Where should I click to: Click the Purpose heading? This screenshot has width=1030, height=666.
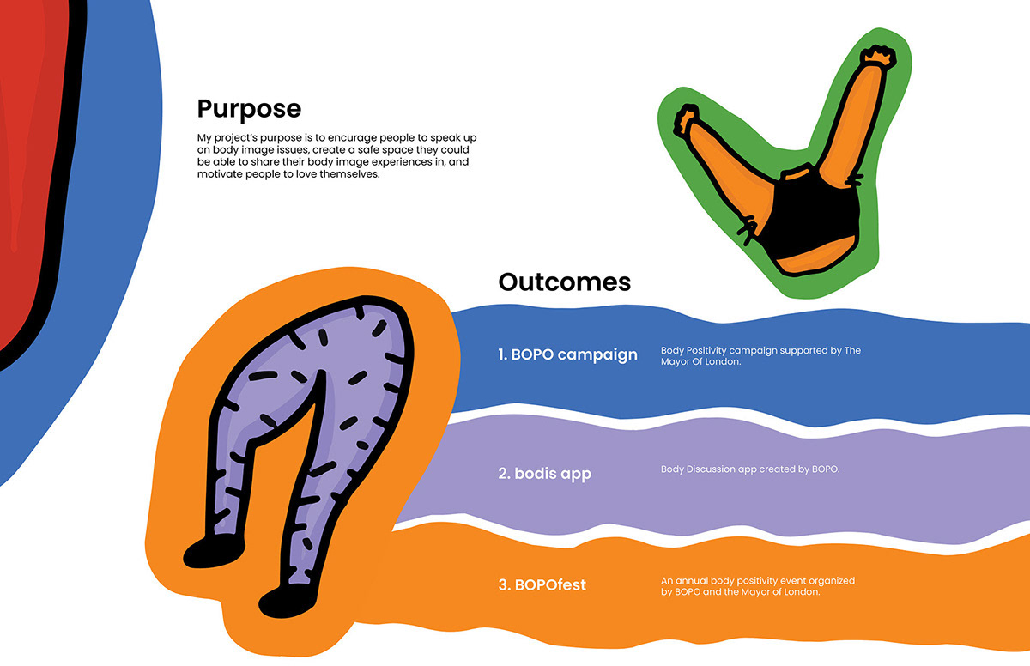tap(249, 109)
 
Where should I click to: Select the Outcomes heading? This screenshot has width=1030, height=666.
tap(564, 282)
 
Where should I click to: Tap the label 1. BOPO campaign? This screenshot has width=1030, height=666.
tap(567, 354)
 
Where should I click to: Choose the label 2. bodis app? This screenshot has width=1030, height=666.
tap(544, 473)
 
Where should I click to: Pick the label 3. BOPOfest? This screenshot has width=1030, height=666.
tap(542, 586)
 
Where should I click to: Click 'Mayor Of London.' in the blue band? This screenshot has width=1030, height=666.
tap(700, 362)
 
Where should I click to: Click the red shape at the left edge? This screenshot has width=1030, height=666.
tap(26, 172)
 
